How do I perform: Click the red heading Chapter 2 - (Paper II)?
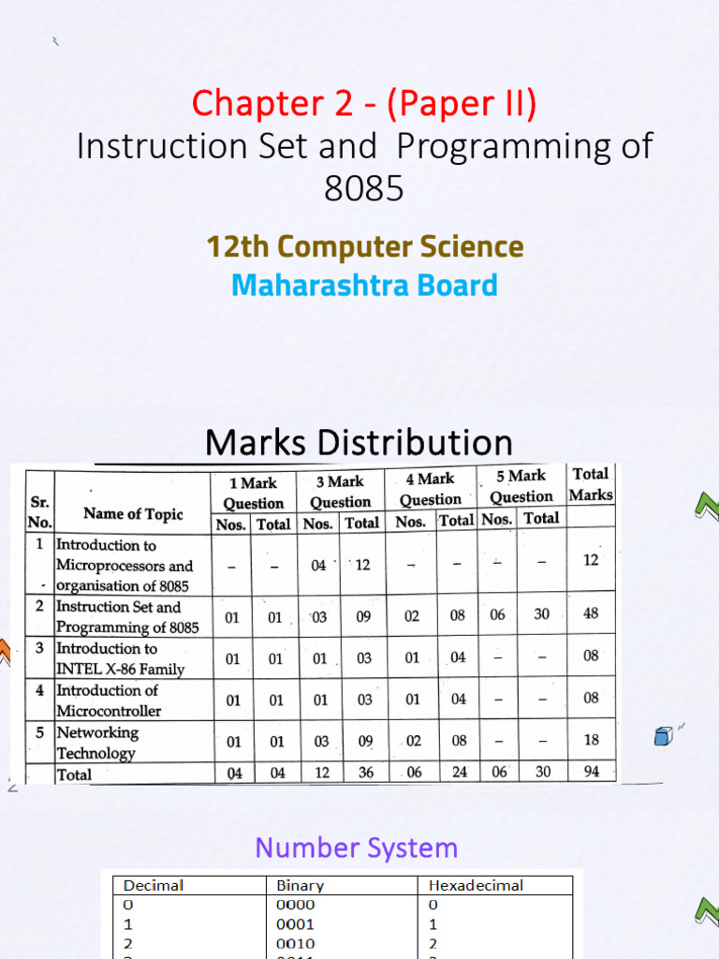click(x=363, y=103)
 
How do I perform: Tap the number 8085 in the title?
click(x=364, y=188)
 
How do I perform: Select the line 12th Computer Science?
click(x=364, y=247)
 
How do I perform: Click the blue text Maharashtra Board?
click(x=364, y=285)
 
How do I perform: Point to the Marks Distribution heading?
click(x=359, y=442)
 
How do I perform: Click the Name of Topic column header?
click(x=133, y=513)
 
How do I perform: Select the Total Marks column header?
click(x=591, y=484)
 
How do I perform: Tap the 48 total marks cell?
click(x=591, y=613)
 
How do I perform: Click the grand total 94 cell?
click(x=591, y=772)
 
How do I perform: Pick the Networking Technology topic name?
click(x=97, y=742)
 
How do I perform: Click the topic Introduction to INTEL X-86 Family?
click(x=120, y=657)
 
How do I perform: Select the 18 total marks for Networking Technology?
click(x=591, y=740)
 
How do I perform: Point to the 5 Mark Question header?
click(x=521, y=486)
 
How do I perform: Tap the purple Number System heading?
click(x=357, y=848)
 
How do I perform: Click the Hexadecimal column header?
click(x=476, y=885)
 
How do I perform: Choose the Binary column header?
click(x=301, y=885)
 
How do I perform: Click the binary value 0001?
click(x=296, y=924)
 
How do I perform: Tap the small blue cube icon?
click(x=663, y=736)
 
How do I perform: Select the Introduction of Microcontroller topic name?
click(x=109, y=700)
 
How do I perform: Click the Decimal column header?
click(x=154, y=885)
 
